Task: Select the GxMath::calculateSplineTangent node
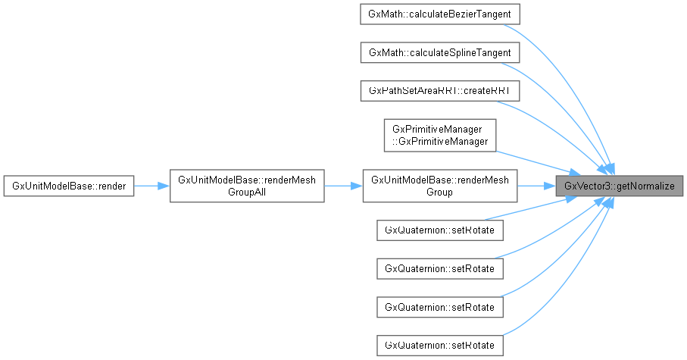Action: point(440,52)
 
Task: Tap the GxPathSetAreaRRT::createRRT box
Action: point(440,91)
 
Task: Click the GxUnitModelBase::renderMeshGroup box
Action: point(440,186)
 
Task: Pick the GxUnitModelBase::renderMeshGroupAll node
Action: point(246,186)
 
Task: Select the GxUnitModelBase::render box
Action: point(69,186)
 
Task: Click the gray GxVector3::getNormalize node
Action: point(620,186)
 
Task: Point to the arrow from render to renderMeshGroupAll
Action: point(151,186)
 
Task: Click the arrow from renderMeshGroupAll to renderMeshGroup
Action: point(343,186)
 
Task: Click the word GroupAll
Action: point(246,193)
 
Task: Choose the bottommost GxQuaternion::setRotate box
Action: point(440,346)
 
